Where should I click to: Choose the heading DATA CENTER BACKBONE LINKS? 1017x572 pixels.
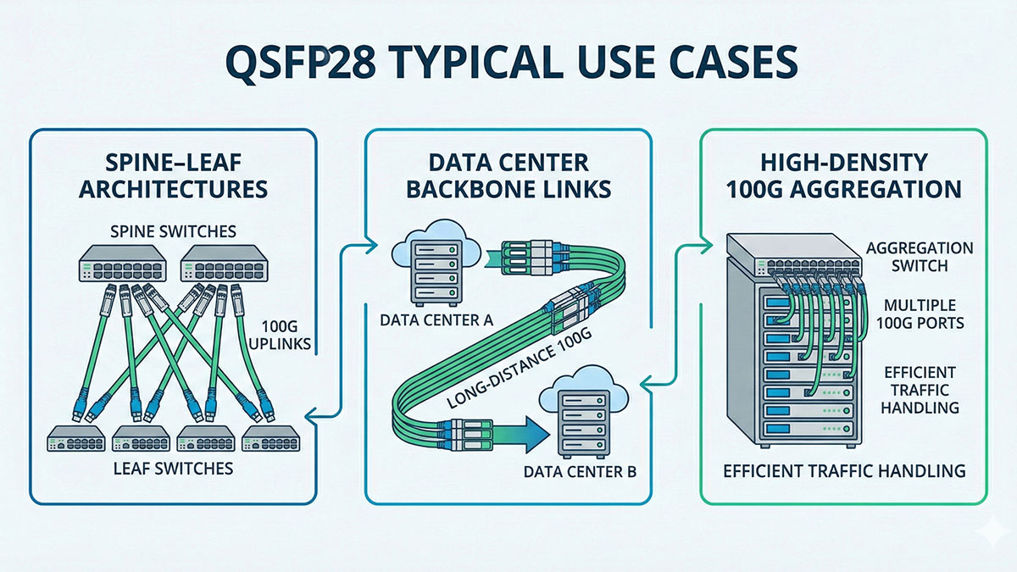(x=508, y=176)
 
